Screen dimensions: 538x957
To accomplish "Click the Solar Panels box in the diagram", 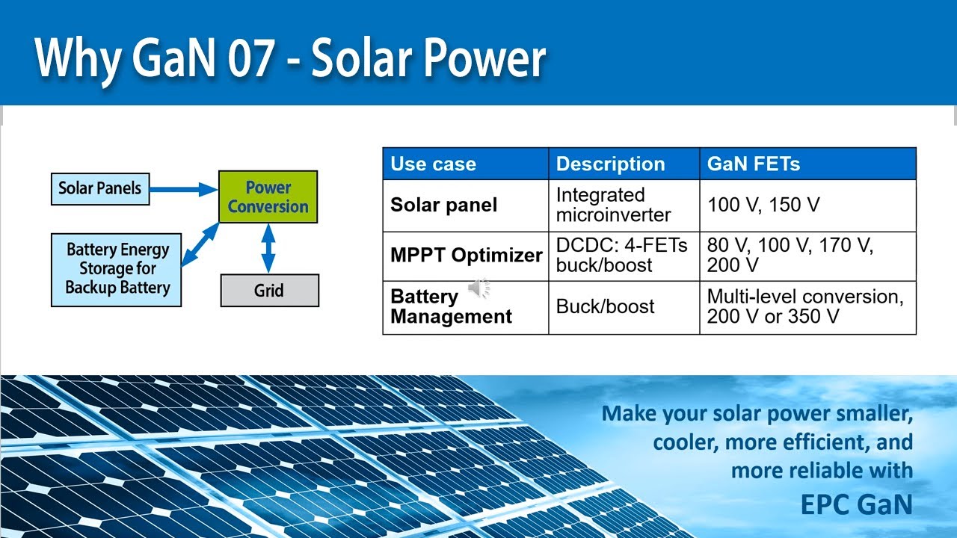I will [x=100, y=188].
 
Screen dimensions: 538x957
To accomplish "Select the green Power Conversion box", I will [x=268, y=197].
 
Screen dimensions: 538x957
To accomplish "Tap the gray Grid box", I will [x=269, y=291].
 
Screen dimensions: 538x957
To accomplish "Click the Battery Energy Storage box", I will [x=117, y=269].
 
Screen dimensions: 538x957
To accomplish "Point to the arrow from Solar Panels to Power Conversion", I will [x=183, y=190].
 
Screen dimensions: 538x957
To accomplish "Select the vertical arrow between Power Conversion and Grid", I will [x=268, y=249].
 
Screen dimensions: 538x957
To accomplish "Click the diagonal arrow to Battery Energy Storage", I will [x=200, y=244].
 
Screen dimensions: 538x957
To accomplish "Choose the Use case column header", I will [x=433, y=164].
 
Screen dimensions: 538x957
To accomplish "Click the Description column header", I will [x=610, y=164].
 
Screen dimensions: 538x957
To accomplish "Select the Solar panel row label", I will [x=443, y=205].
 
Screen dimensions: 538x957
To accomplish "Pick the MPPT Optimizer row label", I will [x=466, y=255].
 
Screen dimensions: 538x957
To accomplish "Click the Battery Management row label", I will [x=451, y=306].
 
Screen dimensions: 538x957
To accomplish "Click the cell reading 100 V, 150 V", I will [x=763, y=205].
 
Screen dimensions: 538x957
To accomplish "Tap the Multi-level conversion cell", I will [x=805, y=306].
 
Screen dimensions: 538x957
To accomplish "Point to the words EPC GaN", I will [x=856, y=504].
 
